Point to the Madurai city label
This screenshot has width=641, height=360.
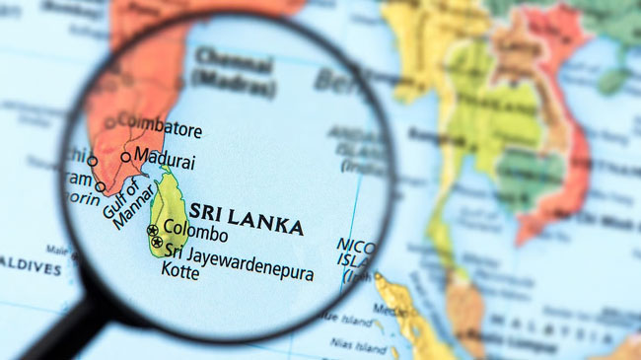pyautogui.click(x=165, y=158)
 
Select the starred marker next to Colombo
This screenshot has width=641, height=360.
pyautogui.click(x=153, y=230)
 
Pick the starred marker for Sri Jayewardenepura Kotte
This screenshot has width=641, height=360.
pyautogui.click(x=157, y=242)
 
